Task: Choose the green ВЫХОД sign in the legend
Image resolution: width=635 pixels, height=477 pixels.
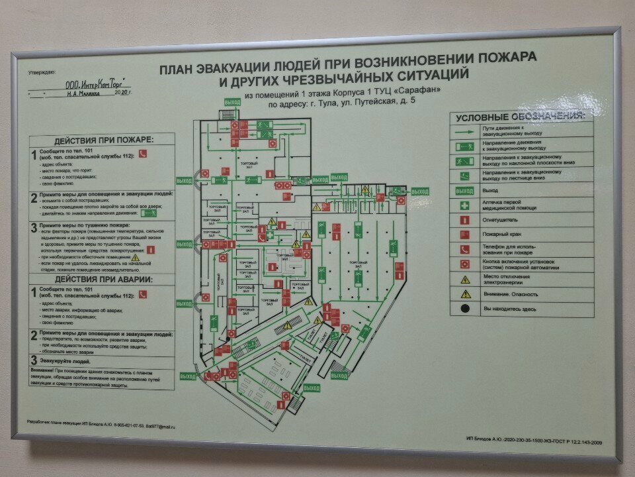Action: (465, 191)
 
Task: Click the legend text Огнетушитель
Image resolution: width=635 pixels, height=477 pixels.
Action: (501, 220)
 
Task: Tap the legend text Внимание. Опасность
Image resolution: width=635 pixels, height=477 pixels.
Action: (511, 294)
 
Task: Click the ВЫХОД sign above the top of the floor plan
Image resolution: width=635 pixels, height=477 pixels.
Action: (232, 103)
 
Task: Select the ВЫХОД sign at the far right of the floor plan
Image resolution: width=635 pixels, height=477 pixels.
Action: (419, 191)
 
